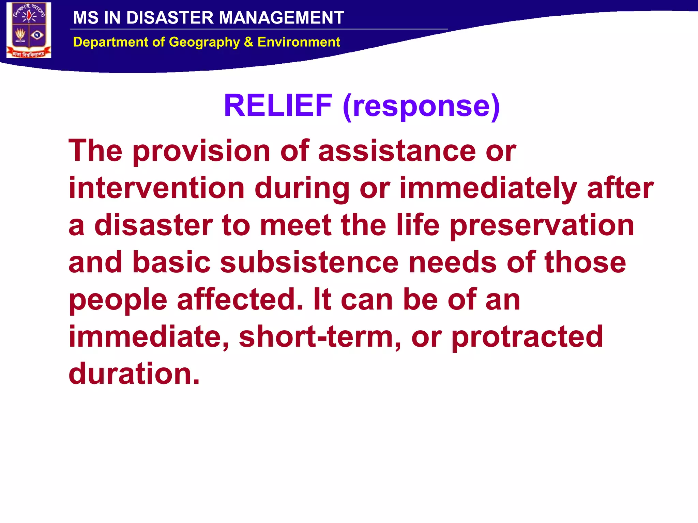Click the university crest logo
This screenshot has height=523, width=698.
[x=29, y=30]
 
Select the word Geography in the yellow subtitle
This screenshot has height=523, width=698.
[x=204, y=42]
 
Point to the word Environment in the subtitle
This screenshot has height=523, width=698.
[x=299, y=42]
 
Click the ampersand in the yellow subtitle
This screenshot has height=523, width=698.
[x=248, y=42]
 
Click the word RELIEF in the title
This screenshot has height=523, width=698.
[x=278, y=106]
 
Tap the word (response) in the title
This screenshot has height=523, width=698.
[x=421, y=106]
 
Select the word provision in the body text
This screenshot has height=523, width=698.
[x=201, y=151]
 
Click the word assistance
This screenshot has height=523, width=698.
[x=397, y=151]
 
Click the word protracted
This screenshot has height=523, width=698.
[x=527, y=337]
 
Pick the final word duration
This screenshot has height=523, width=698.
[x=134, y=374]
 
